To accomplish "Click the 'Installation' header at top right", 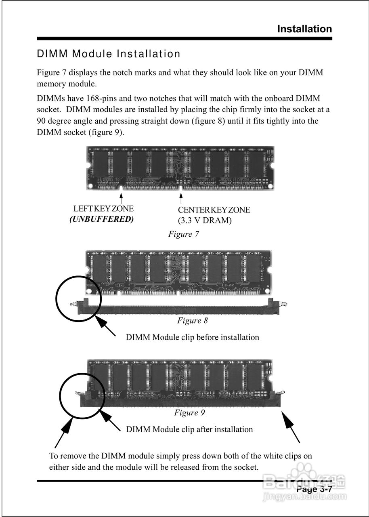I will [x=304, y=29].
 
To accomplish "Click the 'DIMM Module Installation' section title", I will [x=109, y=54].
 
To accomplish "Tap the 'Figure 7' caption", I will [x=184, y=234].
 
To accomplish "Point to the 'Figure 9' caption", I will [x=190, y=412].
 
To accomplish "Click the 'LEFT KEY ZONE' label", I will [x=103, y=209].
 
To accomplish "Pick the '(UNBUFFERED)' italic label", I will [x=101, y=219].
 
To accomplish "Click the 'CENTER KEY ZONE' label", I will [x=214, y=210].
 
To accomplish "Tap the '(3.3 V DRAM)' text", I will [x=205, y=221].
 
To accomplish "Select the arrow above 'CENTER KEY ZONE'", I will [x=181, y=198].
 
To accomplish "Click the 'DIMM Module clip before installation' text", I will [x=193, y=337].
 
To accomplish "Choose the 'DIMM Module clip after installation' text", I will [x=190, y=429].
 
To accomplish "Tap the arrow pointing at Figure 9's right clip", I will [x=291, y=427].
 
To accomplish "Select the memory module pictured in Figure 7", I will [x=180, y=168].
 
